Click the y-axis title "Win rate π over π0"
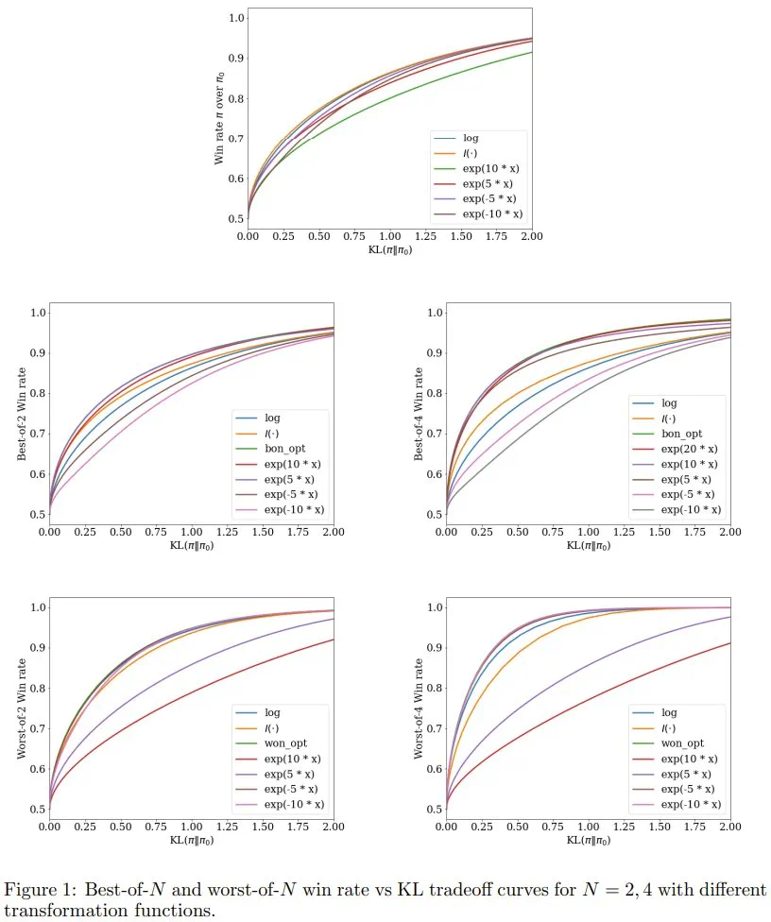coord(219,116)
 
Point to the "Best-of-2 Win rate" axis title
coord(21,415)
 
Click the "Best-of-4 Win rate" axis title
coord(419,415)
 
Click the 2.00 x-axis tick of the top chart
coord(532,235)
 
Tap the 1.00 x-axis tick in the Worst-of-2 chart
coord(191,826)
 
